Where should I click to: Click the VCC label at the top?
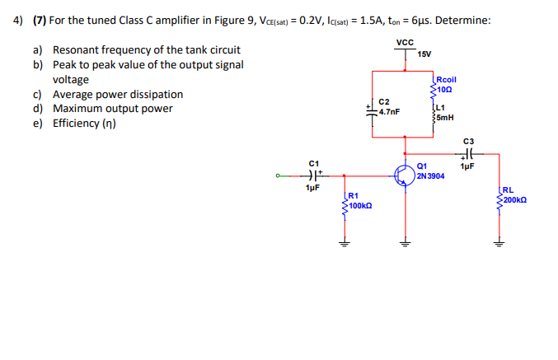[404, 42]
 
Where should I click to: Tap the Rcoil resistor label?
[447, 80]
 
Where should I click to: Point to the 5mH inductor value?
[443, 117]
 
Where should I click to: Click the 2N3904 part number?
[431, 175]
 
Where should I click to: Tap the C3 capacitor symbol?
[468, 154]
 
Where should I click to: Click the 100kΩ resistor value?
[360, 204]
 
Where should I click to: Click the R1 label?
[353, 195]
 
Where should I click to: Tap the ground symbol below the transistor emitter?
[404, 243]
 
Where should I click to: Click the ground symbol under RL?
[497, 243]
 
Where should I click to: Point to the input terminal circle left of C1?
[279, 175]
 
